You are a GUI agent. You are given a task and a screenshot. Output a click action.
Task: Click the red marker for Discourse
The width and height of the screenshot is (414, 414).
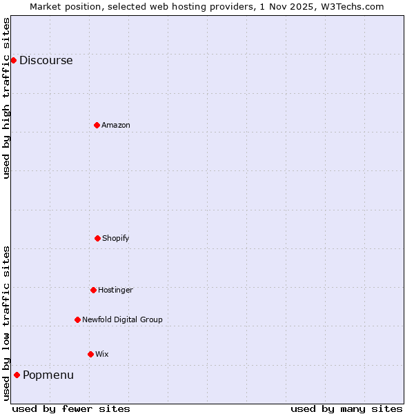tap(13, 60)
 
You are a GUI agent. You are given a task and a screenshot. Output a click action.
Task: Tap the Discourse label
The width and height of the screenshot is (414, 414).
tap(46, 60)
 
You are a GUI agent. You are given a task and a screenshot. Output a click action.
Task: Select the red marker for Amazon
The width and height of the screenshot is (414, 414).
tap(97, 125)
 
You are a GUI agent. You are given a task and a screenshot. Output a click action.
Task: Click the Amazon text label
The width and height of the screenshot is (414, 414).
tap(115, 125)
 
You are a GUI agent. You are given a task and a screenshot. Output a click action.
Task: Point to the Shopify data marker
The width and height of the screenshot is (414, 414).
tap(97, 238)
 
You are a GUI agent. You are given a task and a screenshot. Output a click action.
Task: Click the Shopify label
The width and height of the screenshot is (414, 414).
tap(115, 238)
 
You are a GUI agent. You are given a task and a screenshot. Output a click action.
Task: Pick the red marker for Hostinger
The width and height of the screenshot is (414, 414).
tap(93, 290)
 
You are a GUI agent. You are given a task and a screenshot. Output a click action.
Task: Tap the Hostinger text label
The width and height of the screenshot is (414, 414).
tap(115, 290)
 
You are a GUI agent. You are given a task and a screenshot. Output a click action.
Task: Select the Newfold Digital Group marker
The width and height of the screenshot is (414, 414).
tap(77, 319)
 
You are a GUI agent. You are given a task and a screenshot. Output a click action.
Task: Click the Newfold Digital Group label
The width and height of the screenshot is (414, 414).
tap(122, 319)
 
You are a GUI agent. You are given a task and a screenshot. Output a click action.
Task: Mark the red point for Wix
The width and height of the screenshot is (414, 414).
tap(90, 354)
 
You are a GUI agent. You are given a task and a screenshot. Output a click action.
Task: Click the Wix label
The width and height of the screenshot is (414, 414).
tap(101, 354)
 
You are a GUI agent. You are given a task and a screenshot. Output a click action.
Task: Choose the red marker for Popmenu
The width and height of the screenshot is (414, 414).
tap(17, 375)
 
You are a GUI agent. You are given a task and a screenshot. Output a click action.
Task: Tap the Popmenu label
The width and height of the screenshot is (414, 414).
tap(48, 375)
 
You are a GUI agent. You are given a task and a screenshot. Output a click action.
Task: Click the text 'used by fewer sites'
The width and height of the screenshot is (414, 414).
tap(71, 408)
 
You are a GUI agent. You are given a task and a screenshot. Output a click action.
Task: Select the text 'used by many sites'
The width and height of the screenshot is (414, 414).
tap(346, 408)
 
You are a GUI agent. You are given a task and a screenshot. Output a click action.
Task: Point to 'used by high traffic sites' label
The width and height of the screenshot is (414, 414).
tap(6, 98)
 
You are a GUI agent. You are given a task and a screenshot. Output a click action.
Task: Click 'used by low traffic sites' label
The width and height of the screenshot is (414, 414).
tap(6, 323)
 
